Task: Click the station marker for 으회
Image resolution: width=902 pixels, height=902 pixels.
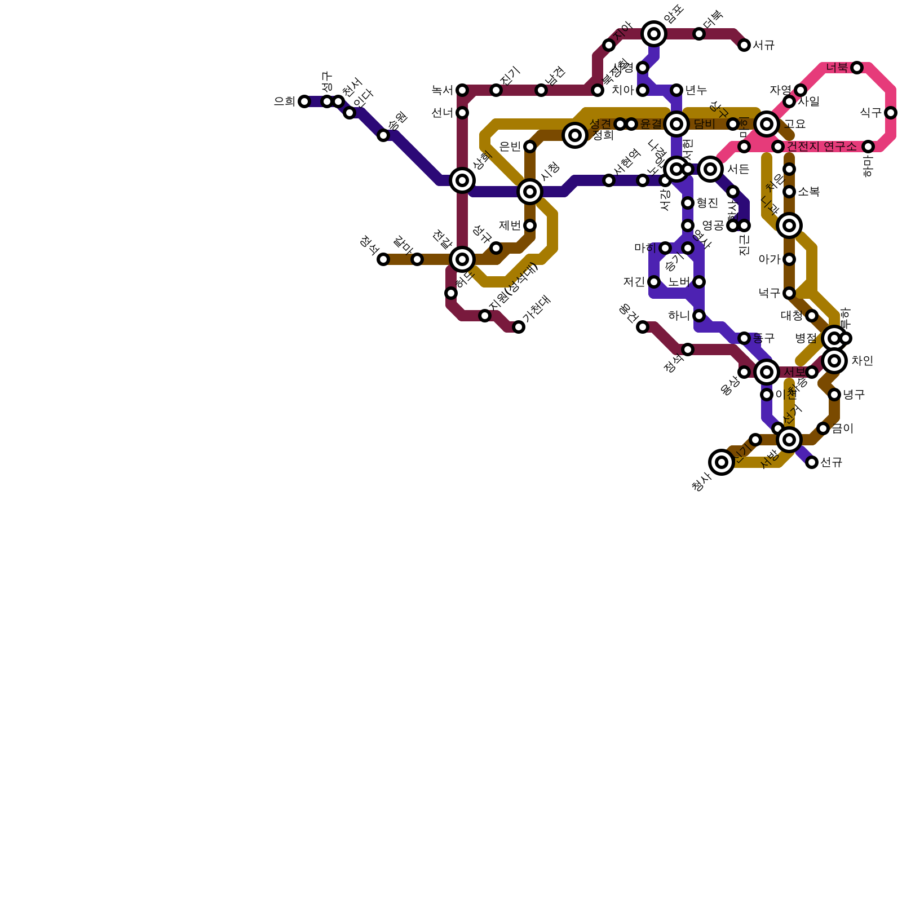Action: [304, 101]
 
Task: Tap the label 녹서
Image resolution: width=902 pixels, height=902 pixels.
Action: [442, 90]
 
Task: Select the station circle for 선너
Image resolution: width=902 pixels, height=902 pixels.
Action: [462, 113]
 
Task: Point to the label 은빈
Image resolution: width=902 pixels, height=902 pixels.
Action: [510, 147]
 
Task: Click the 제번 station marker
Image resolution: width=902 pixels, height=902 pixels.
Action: [530, 225]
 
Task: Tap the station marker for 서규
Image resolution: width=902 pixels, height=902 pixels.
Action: [744, 45]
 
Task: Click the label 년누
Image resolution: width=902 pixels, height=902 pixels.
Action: [696, 90]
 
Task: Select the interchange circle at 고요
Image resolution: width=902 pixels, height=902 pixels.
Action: [767, 124]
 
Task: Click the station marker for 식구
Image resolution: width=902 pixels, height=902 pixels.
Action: [891, 113]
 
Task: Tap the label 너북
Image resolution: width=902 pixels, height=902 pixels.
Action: [837, 68]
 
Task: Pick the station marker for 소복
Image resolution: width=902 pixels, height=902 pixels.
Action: [789, 192]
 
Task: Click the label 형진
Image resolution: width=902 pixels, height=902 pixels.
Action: [707, 203]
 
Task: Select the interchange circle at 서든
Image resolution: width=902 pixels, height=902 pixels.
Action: [710, 169]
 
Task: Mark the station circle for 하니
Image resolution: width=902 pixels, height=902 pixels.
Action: [699, 316]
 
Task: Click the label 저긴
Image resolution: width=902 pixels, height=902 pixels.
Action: [634, 282]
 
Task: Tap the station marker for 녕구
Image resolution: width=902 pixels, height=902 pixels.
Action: [834, 395]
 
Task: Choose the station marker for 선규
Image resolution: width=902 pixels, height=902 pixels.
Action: [812, 462]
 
